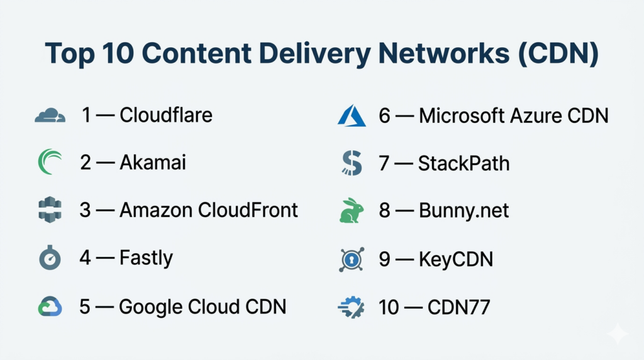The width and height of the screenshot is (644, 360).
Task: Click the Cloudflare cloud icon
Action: (x=50, y=116)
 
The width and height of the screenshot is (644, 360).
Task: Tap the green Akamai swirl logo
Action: (x=50, y=162)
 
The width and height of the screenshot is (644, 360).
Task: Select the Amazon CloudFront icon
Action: (x=50, y=210)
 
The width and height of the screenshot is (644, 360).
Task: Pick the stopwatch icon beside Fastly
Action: (x=50, y=257)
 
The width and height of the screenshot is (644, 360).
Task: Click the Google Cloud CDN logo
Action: (x=50, y=307)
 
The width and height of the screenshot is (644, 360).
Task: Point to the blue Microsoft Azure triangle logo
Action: (x=351, y=116)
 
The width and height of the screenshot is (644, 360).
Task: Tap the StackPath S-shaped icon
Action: (x=351, y=163)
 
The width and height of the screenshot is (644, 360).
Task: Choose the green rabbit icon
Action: (x=352, y=211)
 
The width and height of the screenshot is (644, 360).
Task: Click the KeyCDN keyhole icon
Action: (x=351, y=259)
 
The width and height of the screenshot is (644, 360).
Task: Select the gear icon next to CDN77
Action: (x=351, y=307)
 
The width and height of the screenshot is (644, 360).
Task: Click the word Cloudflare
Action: (x=166, y=115)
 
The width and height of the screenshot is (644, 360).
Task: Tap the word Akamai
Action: (x=153, y=162)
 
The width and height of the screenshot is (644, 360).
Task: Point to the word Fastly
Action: (x=146, y=258)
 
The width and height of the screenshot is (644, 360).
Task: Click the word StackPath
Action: (x=464, y=163)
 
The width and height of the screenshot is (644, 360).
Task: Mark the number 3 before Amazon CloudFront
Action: (x=86, y=210)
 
